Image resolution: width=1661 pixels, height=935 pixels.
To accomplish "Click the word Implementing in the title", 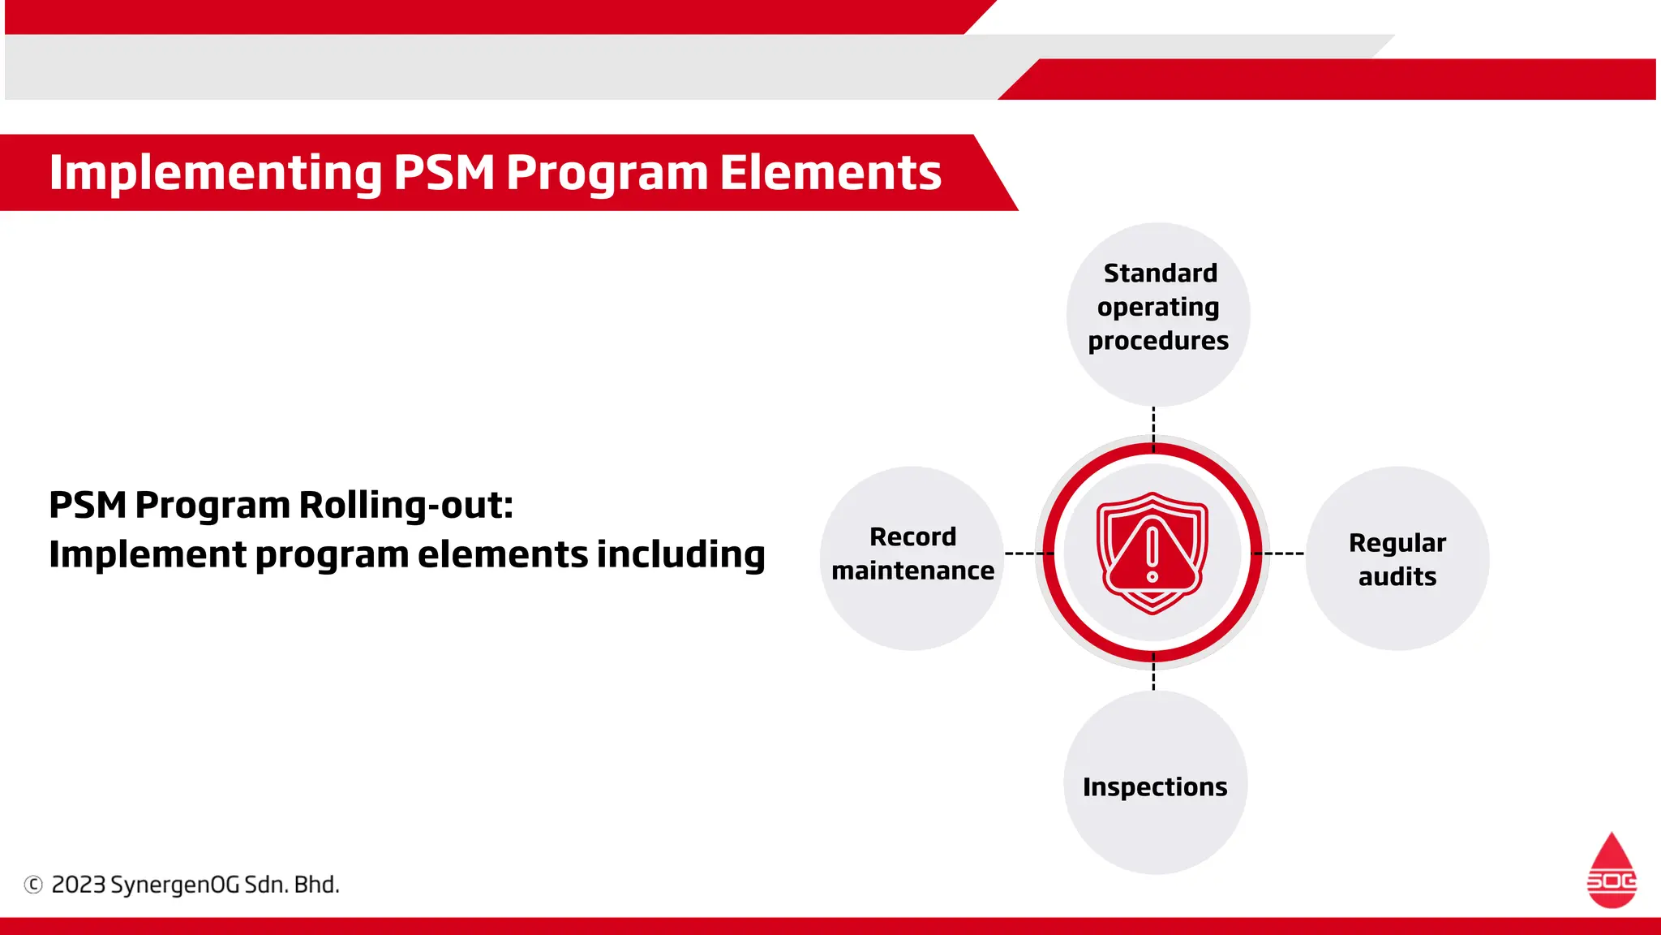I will [x=215, y=173].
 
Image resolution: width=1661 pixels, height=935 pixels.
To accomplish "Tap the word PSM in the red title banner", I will [x=444, y=173].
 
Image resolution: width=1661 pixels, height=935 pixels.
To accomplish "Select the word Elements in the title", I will [x=830, y=173].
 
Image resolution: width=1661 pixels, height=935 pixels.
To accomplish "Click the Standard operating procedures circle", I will [x=1157, y=314].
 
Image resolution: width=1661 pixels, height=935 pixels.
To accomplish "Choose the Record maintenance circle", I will [x=912, y=558].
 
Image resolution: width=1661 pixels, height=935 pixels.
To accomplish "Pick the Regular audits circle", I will [x=1397, y=558].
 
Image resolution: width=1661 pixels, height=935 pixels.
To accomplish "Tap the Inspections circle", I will [x=1155, y=783].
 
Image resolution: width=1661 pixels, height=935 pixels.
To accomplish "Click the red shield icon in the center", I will [x=1152, y=552].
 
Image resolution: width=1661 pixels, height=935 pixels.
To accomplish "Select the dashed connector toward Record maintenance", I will [x=1028, y=554].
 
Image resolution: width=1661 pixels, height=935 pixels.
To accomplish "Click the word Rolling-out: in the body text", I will [x=406, y=506].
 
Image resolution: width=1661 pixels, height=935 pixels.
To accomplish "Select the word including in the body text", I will [x=680, y=555].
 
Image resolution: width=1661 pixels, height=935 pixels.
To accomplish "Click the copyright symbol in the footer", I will [x=33, y=885].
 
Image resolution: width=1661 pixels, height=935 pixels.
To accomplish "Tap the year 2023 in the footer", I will [x=79, y=885].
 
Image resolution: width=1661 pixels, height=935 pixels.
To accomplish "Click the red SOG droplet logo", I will [x=1611, y=872].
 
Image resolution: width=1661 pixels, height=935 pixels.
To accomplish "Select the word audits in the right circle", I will [x=1397, y=576].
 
